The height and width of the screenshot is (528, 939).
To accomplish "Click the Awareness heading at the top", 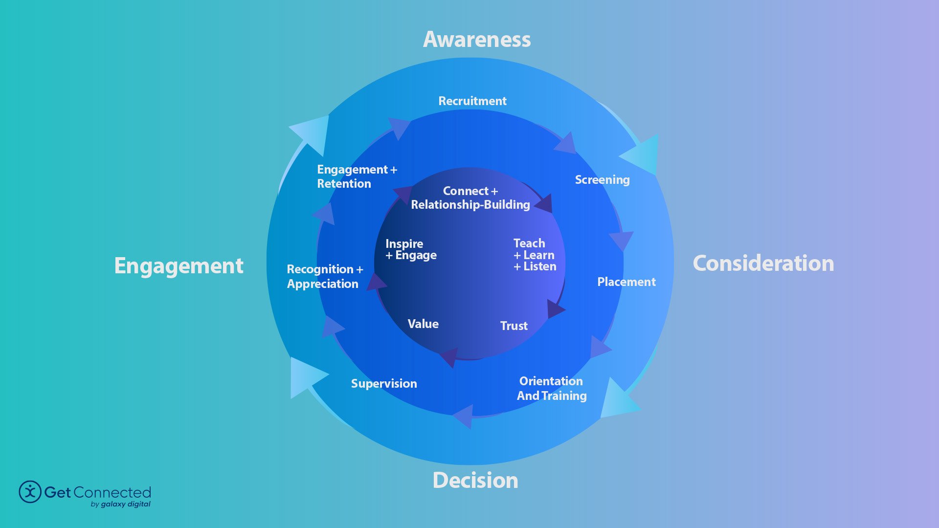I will click(x=477, y=40).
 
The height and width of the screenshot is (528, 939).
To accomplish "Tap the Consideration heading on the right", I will click(x=763, y=264).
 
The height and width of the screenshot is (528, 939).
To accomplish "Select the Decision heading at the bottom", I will click(x=475, y=481).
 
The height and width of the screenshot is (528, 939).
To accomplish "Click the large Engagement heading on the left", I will click(x=179, y=266).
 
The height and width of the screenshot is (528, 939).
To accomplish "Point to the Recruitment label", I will click(x=472, y=101).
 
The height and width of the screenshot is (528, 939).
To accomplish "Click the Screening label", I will click(x=602, y=180).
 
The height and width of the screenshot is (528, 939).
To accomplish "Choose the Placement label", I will click(x=626, y=282).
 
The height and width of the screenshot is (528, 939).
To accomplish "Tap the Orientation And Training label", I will click(x=552, y=389).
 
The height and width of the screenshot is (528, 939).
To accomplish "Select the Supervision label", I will click(x=384, y=384).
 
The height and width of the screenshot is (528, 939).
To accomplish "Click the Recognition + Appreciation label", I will click(x=324, y=277).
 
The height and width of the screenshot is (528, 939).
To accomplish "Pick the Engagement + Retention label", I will click(x=356, y=176).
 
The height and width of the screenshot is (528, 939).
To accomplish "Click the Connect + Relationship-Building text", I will click(x=470, y=198).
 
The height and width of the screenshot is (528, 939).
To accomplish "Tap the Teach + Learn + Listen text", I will click(x=535, y=255).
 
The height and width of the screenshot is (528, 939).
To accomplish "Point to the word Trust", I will click(x=514, y=326).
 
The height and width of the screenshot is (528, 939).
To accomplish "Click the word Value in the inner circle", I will click(x=423, y=324).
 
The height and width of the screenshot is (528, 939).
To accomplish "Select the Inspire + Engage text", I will click(x=410, y=250).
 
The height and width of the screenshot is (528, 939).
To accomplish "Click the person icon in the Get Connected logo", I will click(x=30, y=492).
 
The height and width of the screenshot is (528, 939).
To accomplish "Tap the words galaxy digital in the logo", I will click(x=126, y=504).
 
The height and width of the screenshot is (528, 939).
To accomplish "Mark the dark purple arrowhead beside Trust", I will click(x=555, y=309).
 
